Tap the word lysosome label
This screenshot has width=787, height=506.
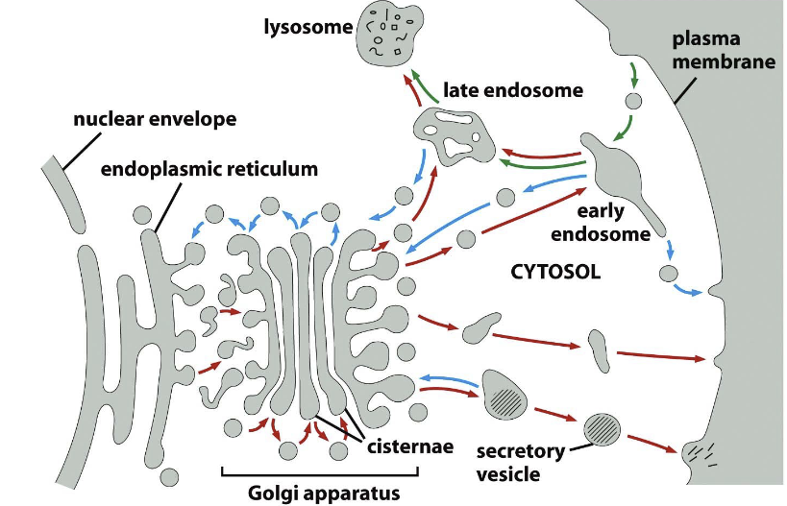tap(308, 27)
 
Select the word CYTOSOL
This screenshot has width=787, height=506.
tap(555, 273)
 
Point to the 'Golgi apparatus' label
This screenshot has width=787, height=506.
tap(321, 494)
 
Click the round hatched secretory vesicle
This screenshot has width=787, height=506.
tap(603, 426)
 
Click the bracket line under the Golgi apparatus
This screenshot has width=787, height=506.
tap(320, 472)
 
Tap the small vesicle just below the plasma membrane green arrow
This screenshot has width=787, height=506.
tap(634, 100)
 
